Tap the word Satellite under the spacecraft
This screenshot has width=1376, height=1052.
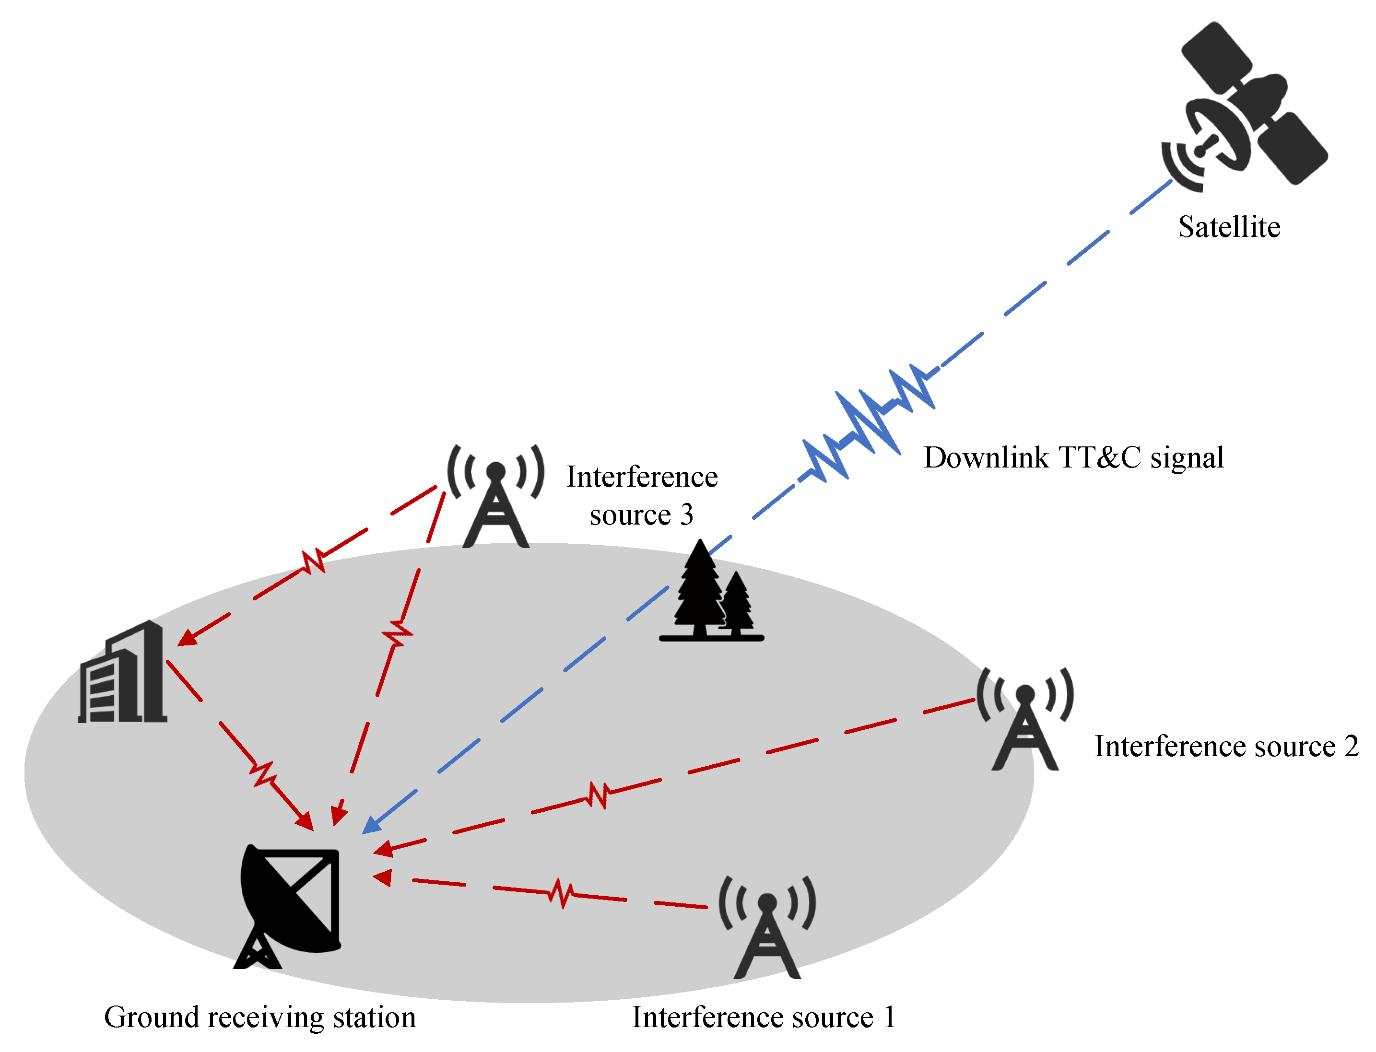[x=1228, y=227]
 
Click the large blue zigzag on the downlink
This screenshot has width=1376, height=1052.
[x=868, y=426]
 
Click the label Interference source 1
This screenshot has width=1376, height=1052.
[x=763, y=1017]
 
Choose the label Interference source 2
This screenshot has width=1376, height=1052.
[x=1226, y=747]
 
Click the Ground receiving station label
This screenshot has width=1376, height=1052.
[x=260, y=1017]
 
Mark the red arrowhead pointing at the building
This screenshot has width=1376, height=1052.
[x=187, y=637]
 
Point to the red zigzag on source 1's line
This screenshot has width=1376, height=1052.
[x=561, y=892]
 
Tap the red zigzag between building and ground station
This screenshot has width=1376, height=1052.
[x=263, y=774]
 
